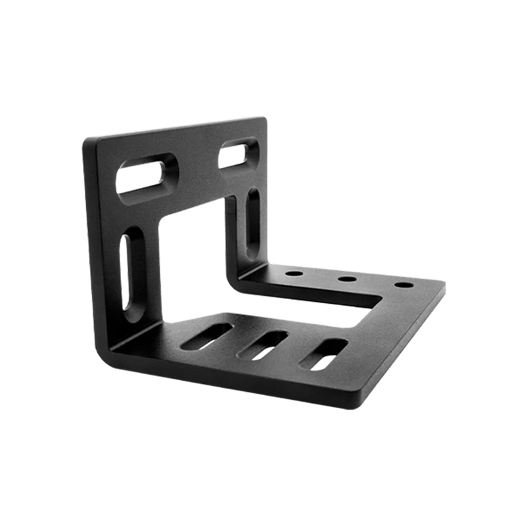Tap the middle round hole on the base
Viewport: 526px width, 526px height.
click(347, 279)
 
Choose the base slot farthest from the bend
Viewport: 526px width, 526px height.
click(323, 355)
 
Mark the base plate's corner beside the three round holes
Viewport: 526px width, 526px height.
click(442, 285)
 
